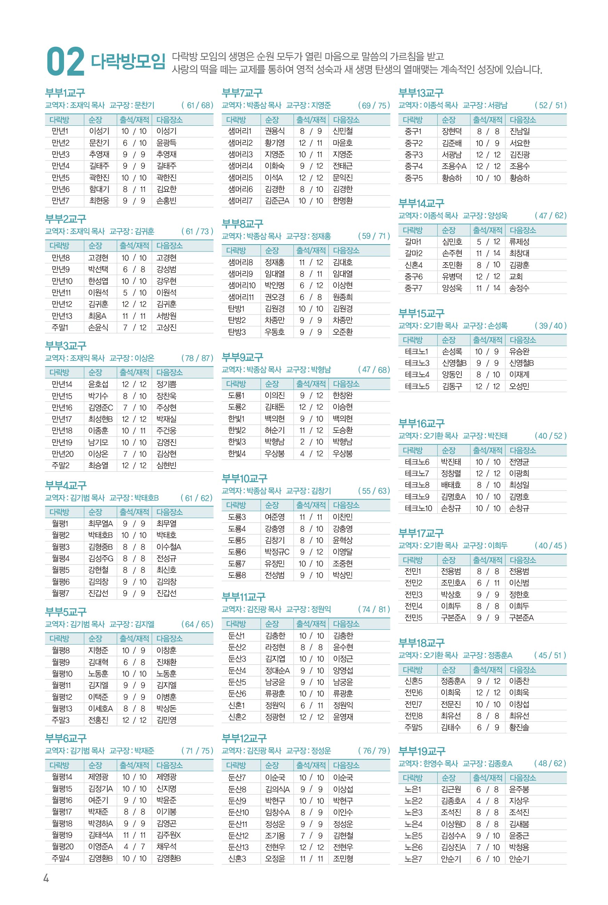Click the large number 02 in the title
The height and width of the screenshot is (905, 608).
65,61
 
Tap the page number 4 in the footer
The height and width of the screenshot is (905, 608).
46,878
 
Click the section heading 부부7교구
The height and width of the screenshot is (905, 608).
242,93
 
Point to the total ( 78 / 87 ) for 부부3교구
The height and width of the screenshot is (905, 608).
197,358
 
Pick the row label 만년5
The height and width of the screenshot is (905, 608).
61,177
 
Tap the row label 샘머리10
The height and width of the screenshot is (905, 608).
242,285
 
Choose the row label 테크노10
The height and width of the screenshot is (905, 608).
418,508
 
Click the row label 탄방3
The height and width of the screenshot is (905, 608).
237,332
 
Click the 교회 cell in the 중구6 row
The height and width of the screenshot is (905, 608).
516,277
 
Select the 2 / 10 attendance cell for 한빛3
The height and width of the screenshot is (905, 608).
311,442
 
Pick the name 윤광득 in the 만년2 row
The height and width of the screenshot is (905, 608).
166,142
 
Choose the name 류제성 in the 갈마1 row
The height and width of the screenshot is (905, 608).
519,241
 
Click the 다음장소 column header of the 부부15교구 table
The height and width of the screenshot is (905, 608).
522,340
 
